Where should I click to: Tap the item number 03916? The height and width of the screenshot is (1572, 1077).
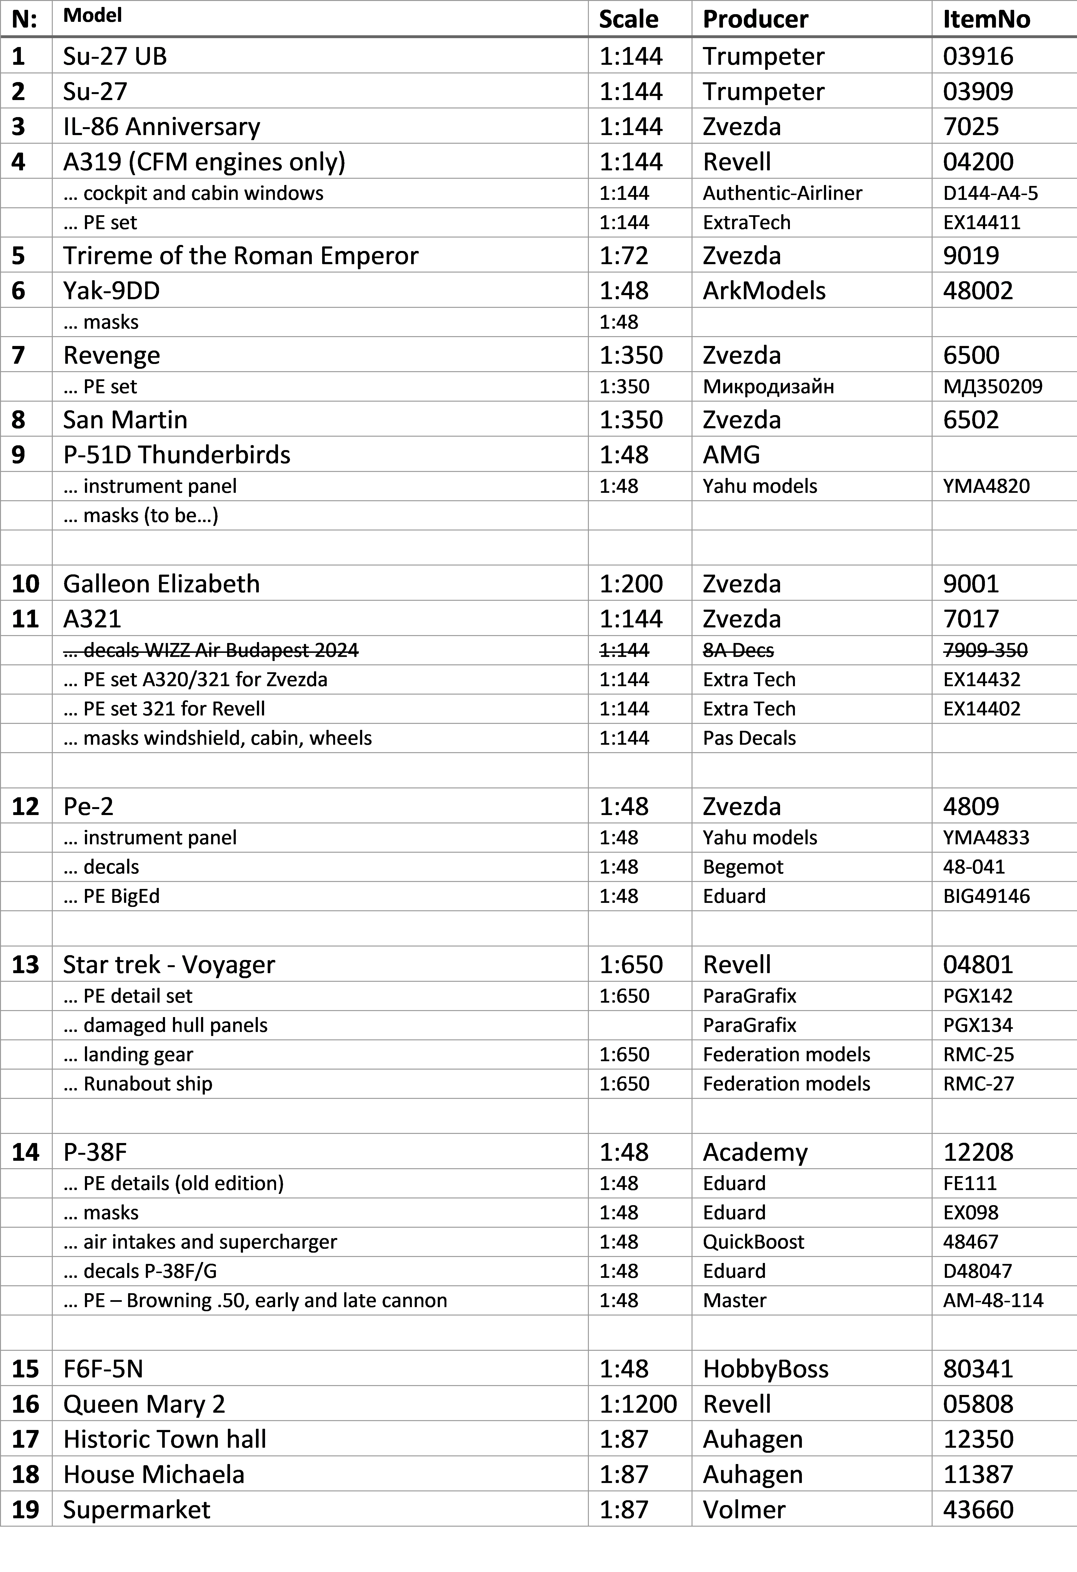click(x=978, y=56)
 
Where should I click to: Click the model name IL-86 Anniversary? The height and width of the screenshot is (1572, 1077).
click(x=162, y=126)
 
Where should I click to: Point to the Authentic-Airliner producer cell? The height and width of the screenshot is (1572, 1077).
click(x=782, y=193)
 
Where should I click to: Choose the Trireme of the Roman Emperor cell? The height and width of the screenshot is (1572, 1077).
click(x=241, y=256)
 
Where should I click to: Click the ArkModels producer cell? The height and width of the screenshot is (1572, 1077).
click(x=764, y=291)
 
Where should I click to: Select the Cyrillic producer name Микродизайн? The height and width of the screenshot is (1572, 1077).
click(x=768, y=387)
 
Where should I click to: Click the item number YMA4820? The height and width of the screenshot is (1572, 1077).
click(x=986, y=486)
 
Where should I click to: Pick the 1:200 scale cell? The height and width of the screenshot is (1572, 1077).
click(x=631, y=584)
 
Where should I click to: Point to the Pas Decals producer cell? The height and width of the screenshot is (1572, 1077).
click(x=749, y=738)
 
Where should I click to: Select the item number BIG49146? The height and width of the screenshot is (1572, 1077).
click(x=986, y=896)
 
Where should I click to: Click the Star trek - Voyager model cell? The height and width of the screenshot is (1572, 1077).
click(x=169, y=965)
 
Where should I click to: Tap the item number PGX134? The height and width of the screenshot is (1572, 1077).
click(x=978, y=1025)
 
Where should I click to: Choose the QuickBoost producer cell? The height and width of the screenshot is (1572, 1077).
click(x=753, y=1242)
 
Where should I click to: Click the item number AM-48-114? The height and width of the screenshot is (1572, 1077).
click(x=993, y=1301)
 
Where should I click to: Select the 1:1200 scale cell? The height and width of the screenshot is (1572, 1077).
click(x=638, y=1404)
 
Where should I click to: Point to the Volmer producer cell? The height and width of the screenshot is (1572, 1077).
click(x=744, y=1510)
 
